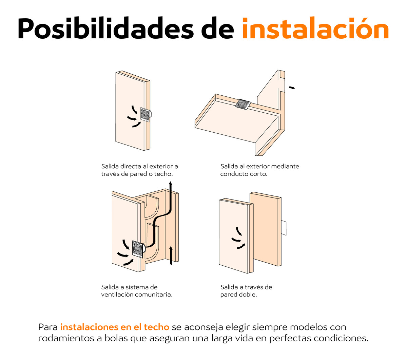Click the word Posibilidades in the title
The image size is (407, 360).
click(105, 29)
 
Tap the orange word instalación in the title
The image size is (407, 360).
click(315, 28)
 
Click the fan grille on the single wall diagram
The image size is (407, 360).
click(145, 115)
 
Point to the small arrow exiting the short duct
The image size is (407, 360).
click(292, 88)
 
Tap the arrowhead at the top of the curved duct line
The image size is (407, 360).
click(170, 183)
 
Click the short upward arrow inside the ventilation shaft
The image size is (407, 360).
click(171, 255)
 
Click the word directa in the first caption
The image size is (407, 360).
click(131, 166)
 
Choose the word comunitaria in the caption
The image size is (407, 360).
click(154, 295)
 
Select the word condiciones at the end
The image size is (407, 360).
click(341, 338)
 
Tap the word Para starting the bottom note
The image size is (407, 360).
click(48, 327)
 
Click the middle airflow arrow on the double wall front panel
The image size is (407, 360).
click(236, 240)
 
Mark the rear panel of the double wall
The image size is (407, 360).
click(265, 229)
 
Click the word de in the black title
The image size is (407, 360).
click(217, 29)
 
